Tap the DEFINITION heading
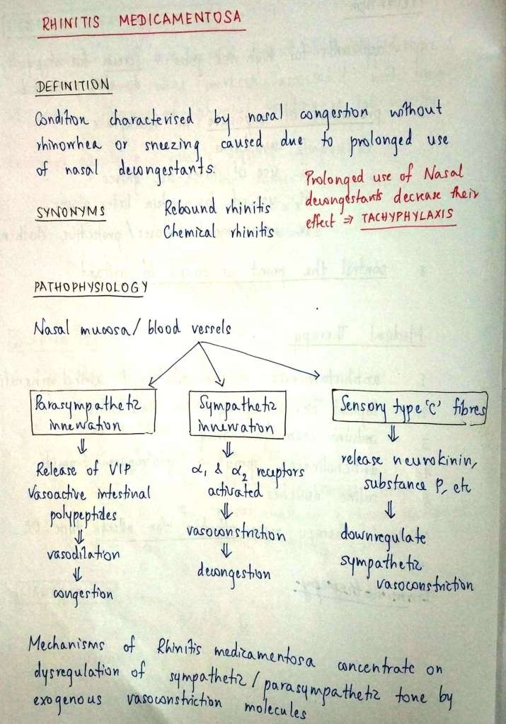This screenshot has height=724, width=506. click(74, 86)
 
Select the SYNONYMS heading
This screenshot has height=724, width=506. click(70, 212)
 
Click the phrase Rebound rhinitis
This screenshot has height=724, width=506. click(218, 210)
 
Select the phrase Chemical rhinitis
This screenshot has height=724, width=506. click(219, 233)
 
